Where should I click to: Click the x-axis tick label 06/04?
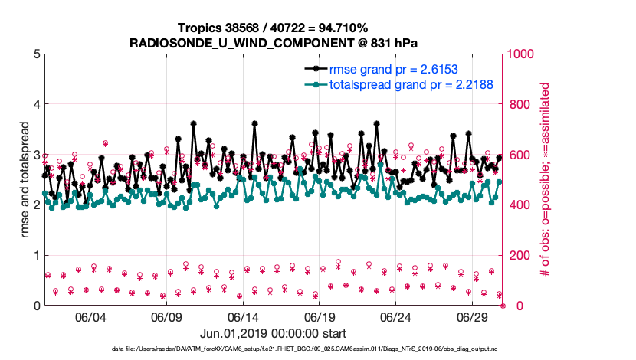90,317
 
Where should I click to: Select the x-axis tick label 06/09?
166,317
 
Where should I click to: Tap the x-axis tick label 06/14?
243,317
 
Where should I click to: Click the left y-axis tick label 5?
36,54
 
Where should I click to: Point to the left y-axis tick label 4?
36,104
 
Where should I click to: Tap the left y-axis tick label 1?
36,255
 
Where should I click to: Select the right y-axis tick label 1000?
522,54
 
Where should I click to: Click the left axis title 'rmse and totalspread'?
25,180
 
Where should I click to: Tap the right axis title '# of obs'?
546,180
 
